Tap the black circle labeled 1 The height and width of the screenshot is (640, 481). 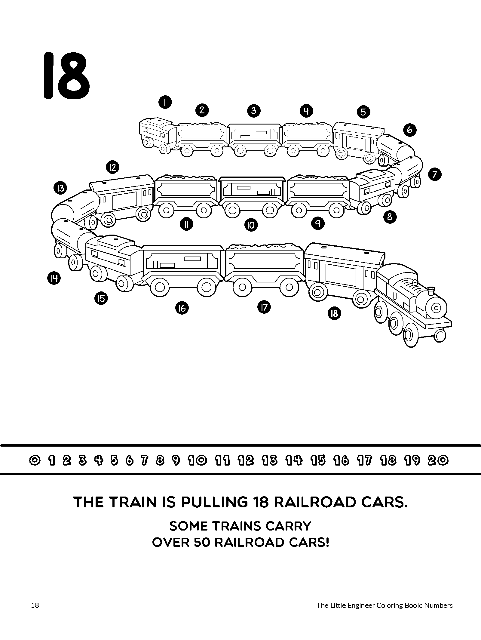click(165, 103)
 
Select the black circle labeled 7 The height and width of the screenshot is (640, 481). click(435, 174)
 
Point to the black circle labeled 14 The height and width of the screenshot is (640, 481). click(54, 278)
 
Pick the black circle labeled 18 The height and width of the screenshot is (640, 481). click(334, 314)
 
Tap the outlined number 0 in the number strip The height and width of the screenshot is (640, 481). click(35, 460)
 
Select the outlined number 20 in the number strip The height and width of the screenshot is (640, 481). click(439, 460)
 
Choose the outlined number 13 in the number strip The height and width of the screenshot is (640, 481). click(270, 460)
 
